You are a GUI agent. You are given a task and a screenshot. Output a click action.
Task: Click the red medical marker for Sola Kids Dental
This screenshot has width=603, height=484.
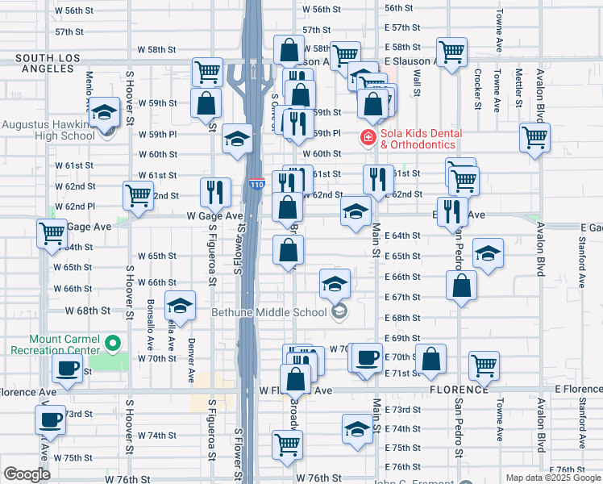coord(368,138)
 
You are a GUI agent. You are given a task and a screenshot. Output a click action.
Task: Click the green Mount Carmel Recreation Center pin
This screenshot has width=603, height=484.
coord(113,344)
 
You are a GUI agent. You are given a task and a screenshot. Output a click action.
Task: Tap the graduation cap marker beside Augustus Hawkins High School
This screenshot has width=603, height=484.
coord(103,114)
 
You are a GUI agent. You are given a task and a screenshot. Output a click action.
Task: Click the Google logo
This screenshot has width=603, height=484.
coord(27,474)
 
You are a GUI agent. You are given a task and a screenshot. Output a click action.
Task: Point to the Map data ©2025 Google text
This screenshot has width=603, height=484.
coord(553,478)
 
